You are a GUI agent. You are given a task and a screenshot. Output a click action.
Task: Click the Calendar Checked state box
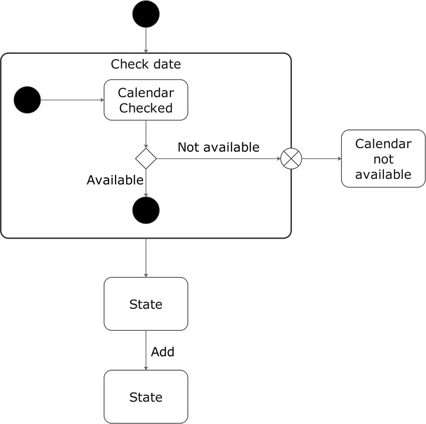click(x=146, y=100)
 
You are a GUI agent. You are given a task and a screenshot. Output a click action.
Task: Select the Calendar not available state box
click(x=383, y=158)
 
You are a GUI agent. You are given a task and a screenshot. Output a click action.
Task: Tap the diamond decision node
click(x=146, y=159)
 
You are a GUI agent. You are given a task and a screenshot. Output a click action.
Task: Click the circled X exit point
click(x=291, y=159)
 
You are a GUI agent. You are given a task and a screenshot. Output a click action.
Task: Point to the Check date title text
click(x=146, y=64)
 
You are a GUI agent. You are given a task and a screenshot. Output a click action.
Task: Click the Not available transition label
click(x=218, y=147)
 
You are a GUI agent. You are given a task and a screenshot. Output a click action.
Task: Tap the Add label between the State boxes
click(x=162, y=352)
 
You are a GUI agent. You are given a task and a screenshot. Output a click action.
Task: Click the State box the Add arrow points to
click(x=146, y=397)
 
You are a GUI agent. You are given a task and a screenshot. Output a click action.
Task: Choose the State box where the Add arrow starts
click(x=146, y=304)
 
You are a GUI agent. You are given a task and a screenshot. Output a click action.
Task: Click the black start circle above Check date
click(x=146, y=14)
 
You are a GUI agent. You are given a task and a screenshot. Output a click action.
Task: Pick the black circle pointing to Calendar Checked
click(x=27, y=100)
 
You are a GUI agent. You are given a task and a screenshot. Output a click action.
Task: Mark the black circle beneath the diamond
click(x=146, y=210)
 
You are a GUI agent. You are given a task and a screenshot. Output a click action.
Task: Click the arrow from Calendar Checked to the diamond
click(x=146, y=133)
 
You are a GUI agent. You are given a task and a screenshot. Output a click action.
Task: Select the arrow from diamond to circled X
click(x=218, y=159)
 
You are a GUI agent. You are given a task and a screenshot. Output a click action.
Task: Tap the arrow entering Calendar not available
click(x=321, y=159)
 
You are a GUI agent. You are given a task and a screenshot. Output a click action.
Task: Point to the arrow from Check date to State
click(x=146, y=257)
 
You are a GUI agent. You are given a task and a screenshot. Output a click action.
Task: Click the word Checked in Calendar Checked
click(x=146, y=108)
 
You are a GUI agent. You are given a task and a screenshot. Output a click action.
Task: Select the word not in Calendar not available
click(x=383, y=159)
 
